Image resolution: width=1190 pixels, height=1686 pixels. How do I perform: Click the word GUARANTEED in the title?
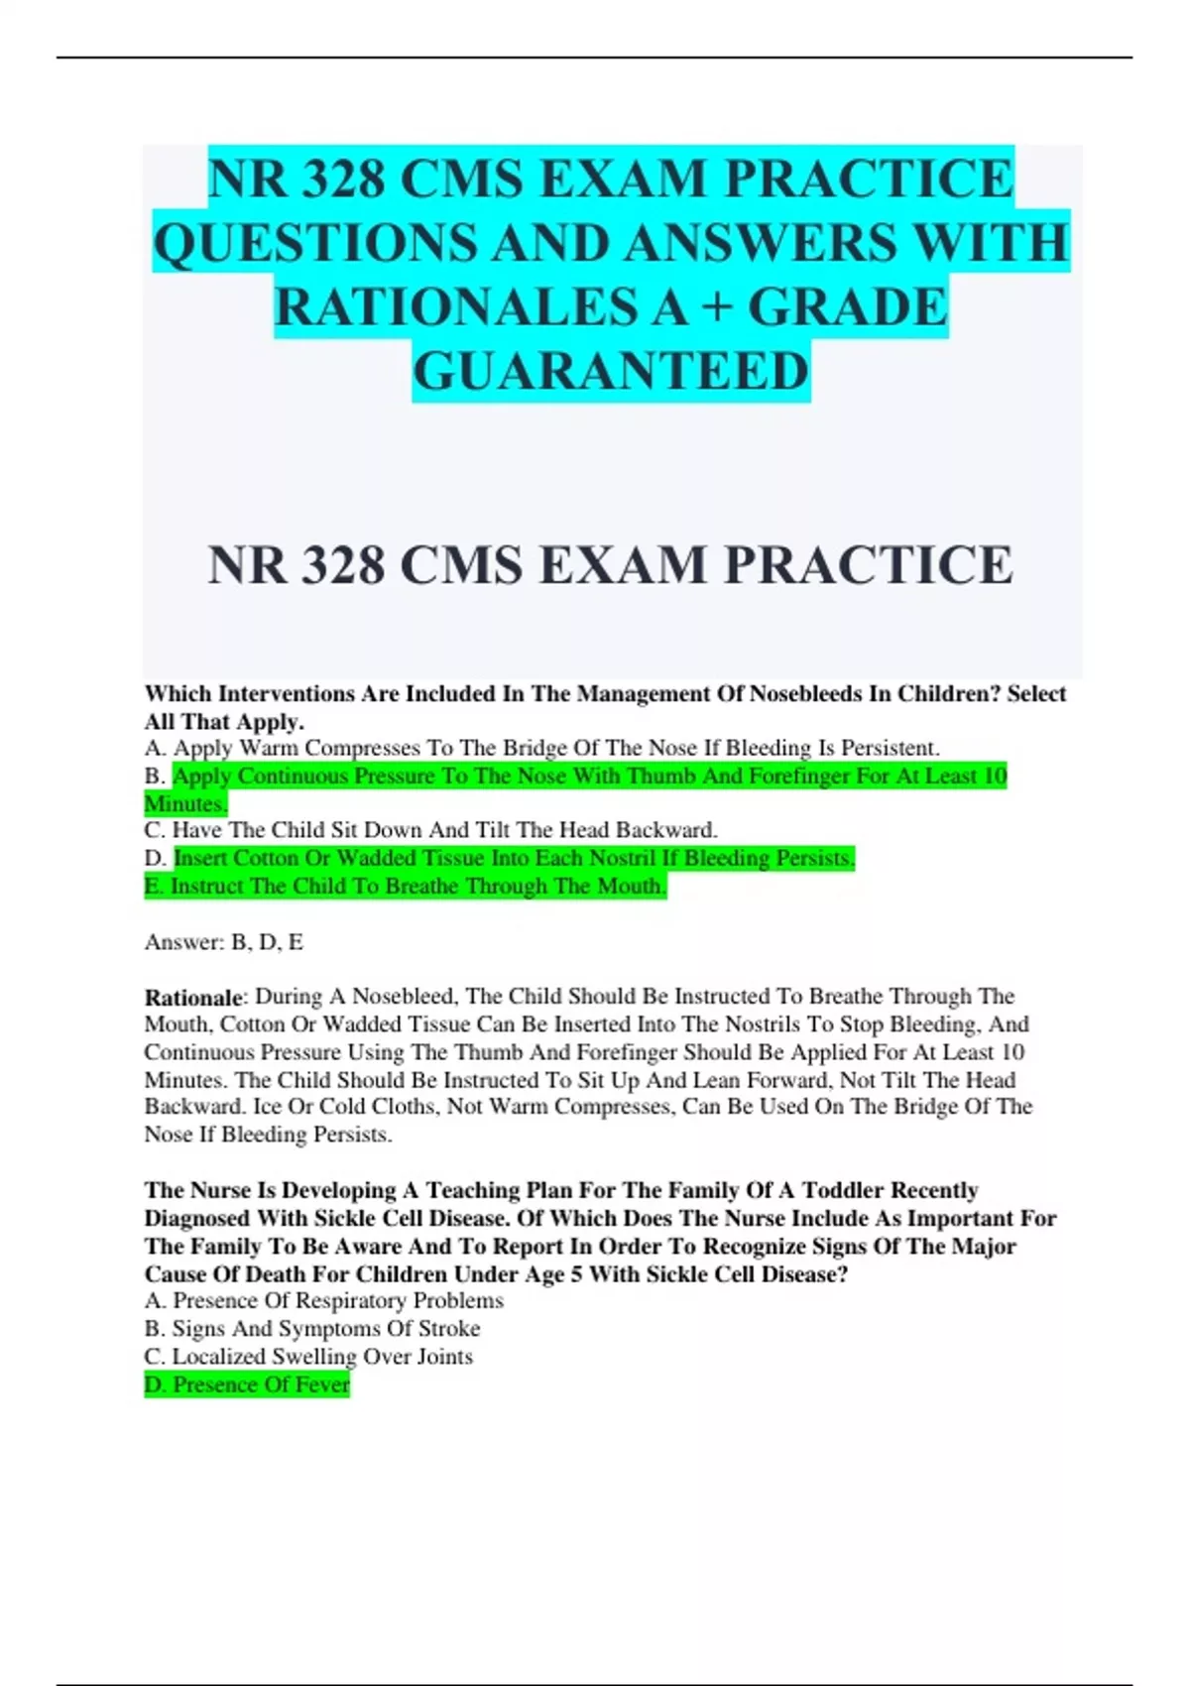coord(611,372)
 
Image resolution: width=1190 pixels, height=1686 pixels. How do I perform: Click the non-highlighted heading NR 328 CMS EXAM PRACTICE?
coord(611,565)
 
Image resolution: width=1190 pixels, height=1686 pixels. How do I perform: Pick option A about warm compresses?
coord(541,748)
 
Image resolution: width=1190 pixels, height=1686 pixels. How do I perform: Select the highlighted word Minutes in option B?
coord(185,803)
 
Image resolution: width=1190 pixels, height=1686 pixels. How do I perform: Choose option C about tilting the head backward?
coord(430,830)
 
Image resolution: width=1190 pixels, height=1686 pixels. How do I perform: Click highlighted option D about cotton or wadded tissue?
coord(514,858)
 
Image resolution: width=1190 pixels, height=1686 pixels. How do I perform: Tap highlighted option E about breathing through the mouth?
coord(406,886)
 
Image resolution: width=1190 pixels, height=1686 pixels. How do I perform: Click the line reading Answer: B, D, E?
coord(224,942)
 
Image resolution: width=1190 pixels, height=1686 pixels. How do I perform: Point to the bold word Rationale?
coord(193,997)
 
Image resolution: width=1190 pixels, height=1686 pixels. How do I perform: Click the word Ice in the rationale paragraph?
coord(268,1107)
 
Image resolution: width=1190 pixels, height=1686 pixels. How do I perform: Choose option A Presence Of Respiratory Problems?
coord(323,1300)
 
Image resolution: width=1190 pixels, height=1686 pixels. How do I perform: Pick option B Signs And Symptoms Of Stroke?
coord(312,1328)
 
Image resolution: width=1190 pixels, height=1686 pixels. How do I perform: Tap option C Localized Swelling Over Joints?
coord(308,1356)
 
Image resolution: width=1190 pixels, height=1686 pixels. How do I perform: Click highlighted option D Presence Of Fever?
coord(247,1385)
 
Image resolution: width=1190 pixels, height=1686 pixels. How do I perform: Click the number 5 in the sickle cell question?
coord(576,1273)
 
